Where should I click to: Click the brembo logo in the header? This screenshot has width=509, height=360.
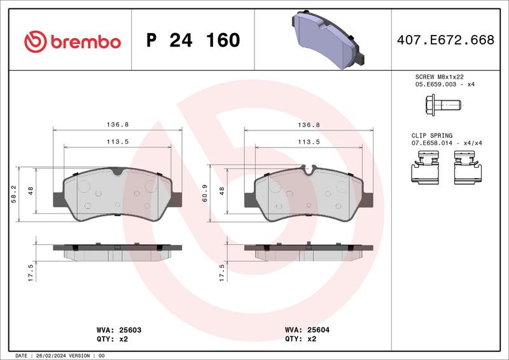73,41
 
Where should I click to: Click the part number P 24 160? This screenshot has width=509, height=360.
193,40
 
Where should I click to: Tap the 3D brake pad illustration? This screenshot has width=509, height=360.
328,39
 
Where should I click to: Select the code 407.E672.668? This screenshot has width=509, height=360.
445,40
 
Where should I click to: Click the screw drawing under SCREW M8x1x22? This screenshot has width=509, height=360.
443,105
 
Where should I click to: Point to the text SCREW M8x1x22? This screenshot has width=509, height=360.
439,77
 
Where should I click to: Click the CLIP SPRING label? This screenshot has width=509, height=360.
432,135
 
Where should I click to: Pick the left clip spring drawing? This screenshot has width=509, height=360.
425,167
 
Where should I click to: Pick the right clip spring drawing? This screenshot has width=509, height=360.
468,167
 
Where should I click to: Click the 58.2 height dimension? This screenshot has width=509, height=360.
13,194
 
